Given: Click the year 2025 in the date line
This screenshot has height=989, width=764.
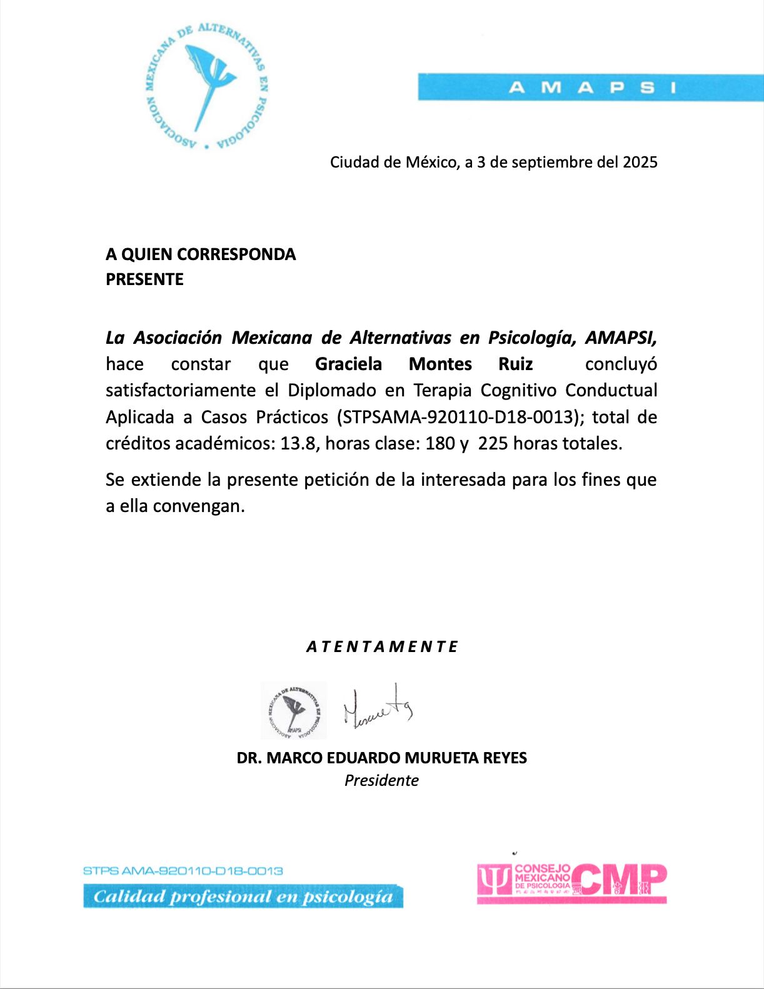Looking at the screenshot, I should [x=640, y=163].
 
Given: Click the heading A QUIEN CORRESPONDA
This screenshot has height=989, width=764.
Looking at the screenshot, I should [x=201, y=254].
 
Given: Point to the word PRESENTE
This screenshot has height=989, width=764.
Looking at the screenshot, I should [x=144, y=279].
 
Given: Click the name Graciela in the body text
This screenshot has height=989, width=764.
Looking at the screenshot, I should [x=348, y=364].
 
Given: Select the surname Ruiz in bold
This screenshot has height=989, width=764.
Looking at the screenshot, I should [x=515, y=364].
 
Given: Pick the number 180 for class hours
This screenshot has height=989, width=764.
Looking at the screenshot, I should [x=440, y=443].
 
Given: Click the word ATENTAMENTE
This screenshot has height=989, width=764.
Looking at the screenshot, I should [x=382, y=647].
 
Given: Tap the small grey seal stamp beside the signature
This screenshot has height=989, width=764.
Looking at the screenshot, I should [x=293, y=711].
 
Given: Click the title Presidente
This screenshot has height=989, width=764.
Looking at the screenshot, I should [x=381, y=780].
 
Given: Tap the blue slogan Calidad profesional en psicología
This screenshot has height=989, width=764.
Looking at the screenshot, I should [x=243, y=896].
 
